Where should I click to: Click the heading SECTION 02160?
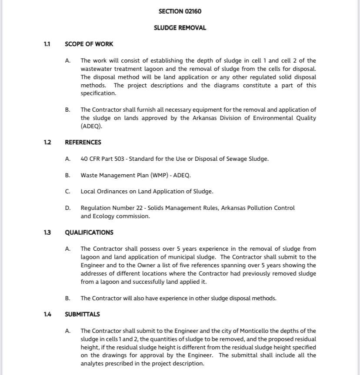point(180,11)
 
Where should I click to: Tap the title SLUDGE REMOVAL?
point(180,28)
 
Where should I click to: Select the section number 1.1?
point(47,44)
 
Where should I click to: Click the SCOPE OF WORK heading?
point(89,44)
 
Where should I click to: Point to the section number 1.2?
point(47,143)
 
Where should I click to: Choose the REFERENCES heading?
point(83,143)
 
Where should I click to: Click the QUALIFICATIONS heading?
point(89,232)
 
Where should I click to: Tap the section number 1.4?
point(47,314)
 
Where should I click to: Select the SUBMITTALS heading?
point(82,314)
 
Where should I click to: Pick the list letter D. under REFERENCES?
point(68,208)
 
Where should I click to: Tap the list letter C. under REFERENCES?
point(68,192)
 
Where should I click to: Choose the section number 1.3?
point(47,232)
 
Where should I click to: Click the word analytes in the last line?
point(92,364)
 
